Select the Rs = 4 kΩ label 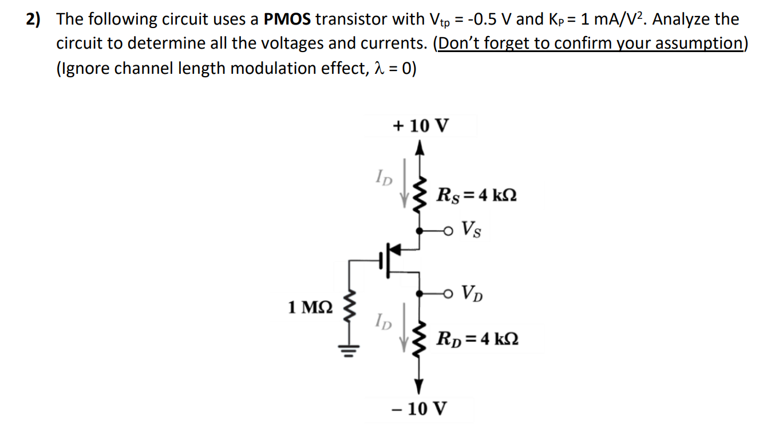[x=476, y=195]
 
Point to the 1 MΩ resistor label [x=309, y=307]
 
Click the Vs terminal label [x=471, y=231]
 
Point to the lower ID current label [x=385, y=322]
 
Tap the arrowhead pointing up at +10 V [x=421, y=149]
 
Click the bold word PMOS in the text [x=287, y=19]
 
